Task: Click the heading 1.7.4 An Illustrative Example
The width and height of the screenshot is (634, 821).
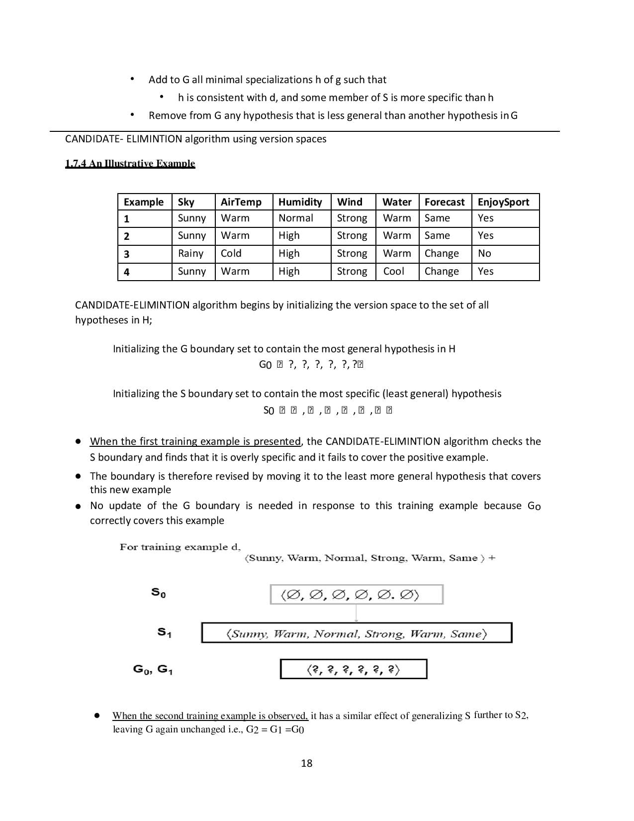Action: [x=130, y=163]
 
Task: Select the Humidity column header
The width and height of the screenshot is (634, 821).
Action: [x=300, y=202]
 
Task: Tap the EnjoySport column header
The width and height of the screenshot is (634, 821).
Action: [x=503, y=202]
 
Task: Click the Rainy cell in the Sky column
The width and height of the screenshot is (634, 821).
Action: [x=190, y=253]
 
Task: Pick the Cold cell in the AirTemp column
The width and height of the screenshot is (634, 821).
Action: [x=231, y=253]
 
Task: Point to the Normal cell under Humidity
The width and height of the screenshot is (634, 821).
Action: [x=295, y=218]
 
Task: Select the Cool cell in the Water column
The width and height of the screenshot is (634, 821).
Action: [x=393, y=271]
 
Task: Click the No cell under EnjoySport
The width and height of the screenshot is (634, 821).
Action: [x=484, y=253]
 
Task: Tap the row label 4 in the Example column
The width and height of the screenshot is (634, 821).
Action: [x=126, y=272]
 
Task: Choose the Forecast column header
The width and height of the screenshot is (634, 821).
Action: [x=444, y=202]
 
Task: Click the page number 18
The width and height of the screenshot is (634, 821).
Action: [x=306, y=763]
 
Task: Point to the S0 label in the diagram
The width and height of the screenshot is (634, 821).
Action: [x=159, y=593]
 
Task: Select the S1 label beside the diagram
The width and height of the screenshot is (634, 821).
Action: [x=165, y=632]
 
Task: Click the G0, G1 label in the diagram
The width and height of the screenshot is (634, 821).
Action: [x=153, y=669]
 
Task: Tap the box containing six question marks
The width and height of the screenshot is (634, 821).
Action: [x=354, y=669]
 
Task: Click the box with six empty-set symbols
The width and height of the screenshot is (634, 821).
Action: [x=356, y=595]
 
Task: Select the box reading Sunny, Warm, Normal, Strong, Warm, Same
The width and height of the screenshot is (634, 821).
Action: [x=356, y=633]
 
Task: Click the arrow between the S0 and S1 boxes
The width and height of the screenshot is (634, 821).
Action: [x=357, y=614]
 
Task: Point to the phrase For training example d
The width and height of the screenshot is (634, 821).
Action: [x=180, y=547]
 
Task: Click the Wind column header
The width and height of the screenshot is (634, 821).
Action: [x=350, y=202]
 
